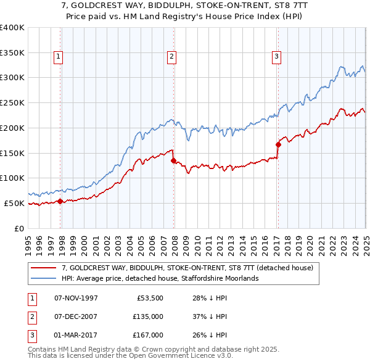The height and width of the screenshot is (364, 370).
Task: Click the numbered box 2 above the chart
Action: (x=172, y=57)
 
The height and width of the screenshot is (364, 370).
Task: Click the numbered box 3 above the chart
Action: (x=277, y=57)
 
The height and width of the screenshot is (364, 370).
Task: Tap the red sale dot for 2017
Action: (x=278, y=144)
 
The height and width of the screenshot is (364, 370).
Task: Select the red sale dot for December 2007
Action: (x=173, y=160)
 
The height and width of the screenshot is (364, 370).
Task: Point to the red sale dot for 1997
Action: (x=60, y=201)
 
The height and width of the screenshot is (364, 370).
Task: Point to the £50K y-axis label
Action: (x=14, y=203)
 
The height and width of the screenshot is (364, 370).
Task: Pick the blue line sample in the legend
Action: (x=44, y=278)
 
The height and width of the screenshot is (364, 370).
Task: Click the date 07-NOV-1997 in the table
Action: (x=76, y=298)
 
